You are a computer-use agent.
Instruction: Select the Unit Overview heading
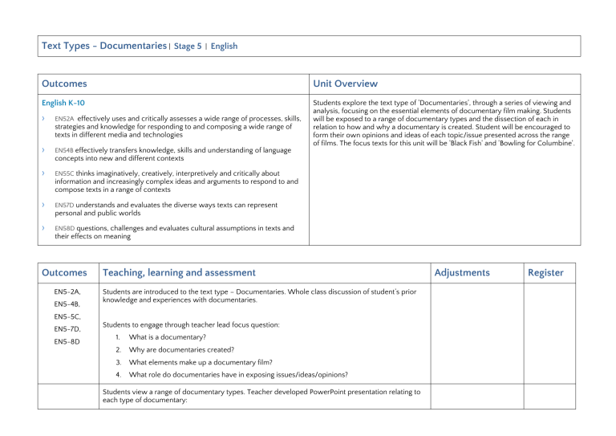[x=346, y=84]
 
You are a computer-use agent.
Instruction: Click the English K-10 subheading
[x=63, y=103]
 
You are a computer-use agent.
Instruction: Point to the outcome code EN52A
[x=65, y=118]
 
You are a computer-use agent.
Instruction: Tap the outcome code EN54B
[x=65, y=149]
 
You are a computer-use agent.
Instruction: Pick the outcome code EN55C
[x=65, y=173]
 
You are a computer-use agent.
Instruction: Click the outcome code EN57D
[x=65, y=205]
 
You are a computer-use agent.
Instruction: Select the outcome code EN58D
[x=65, y=228]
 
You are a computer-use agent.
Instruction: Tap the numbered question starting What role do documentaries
[x=238, y=374]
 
